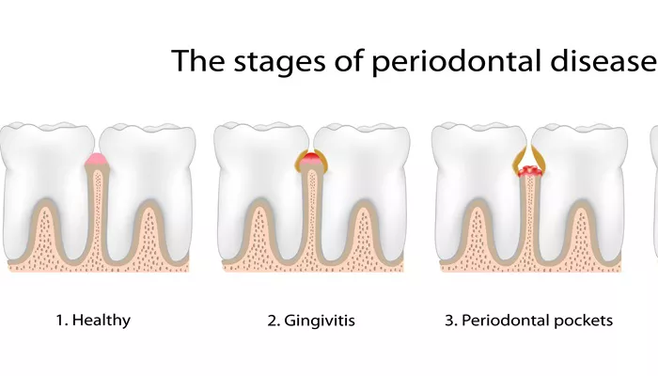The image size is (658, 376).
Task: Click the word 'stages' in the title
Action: (x=279, y=61)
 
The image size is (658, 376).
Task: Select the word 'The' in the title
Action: (x=198, y=60)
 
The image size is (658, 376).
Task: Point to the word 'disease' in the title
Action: (x=603, y=60)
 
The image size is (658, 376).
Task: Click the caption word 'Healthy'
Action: (x=102, y=321)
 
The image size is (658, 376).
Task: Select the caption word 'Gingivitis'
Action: (x=320, y=321)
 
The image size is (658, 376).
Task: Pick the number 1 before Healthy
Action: (x=60, y=321)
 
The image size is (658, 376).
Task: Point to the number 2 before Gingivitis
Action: (x=273, y=321)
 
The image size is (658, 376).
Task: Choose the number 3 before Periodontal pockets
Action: (x=450, y=321)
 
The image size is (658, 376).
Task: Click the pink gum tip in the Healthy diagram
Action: (x=97, y=160)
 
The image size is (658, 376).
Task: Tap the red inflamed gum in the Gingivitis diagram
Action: (x=311, y=160)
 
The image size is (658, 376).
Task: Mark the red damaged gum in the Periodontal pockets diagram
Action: (x=529, y=171)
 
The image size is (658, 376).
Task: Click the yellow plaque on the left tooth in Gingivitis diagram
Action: (x=301, y=162)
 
